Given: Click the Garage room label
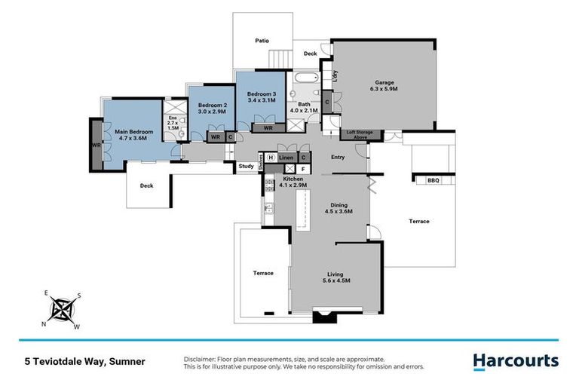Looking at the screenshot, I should click(385, 82).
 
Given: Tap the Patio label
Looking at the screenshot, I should click(262, 41).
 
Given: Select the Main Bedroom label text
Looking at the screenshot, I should click(134, 132).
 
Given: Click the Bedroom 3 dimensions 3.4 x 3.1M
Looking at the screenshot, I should click(262, 100).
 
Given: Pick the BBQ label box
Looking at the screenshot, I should click(433, 180).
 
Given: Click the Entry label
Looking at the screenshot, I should click(338, 157).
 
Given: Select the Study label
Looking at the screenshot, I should click(246, 167).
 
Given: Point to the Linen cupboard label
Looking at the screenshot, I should click(286, 157).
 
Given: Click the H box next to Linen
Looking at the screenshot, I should click(271, 157).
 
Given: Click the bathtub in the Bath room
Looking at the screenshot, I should click(307, 78).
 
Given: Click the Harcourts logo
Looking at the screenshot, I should click(516, 361).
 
